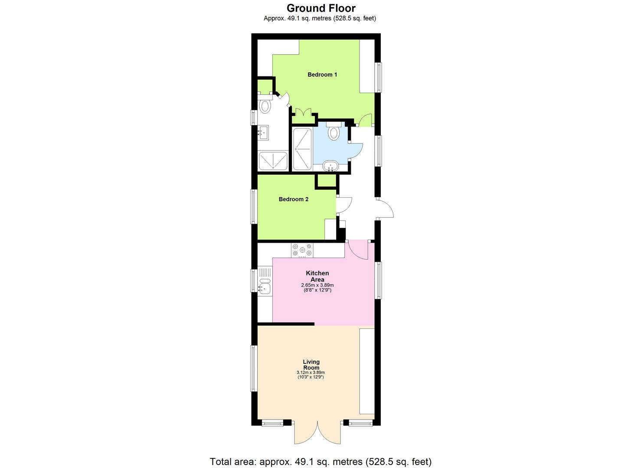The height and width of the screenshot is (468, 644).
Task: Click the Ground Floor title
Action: pos(321,8)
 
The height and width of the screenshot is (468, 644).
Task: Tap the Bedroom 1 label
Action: pos(322,75)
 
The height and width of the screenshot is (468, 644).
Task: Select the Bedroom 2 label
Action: pos(294,199)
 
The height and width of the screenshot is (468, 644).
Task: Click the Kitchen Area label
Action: pos(317,276)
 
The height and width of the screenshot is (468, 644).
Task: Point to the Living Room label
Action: pos(311,364)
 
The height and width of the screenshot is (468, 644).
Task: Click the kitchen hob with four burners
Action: pos(302,250)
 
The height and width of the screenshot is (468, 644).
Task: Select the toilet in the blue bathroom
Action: pos(333,131)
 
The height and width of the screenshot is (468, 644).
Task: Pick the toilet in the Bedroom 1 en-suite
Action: pos(264,105)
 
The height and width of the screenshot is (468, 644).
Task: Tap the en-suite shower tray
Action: pos(273,161)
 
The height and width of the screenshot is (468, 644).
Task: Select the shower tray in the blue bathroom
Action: pos(301,149)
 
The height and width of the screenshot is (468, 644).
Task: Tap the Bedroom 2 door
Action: pos(344,205)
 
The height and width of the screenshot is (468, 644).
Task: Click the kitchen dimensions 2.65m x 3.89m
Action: pos(317,285)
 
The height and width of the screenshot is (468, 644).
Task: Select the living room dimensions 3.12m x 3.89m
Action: pos(311,373)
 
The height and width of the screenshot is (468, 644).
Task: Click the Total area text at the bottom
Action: pos(321,461)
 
